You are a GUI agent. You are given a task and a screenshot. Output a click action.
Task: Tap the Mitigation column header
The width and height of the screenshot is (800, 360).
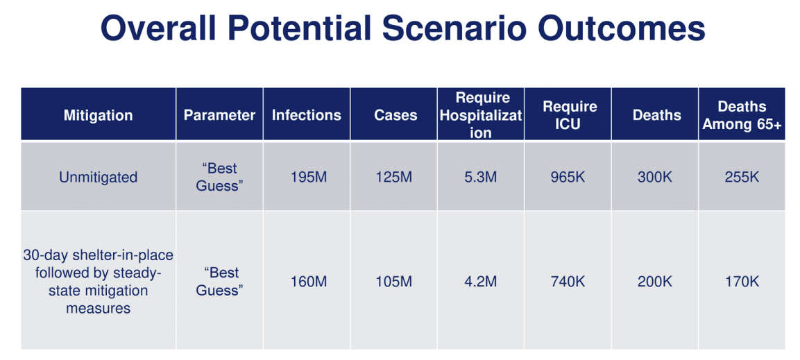click(x=98, y=115)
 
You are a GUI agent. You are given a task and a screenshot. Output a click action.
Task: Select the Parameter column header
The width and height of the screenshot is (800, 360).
click(x=219, y=115)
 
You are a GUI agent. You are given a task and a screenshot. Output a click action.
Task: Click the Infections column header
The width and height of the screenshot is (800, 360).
click(x=306, y=115)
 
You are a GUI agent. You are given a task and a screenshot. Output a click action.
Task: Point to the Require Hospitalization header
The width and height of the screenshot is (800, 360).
click(x=480, y=115)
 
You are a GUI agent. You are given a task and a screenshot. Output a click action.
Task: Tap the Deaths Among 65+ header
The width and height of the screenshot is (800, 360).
click(x=741, y=115)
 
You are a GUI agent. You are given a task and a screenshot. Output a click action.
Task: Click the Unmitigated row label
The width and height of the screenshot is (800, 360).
click(x=98, y=177)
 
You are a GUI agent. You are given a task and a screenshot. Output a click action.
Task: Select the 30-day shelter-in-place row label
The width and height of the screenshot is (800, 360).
click(x=98, y=281)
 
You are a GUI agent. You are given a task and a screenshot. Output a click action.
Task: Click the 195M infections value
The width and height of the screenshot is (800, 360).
click(x=306, y=177)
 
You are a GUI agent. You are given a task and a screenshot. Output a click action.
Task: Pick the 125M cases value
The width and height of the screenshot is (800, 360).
click(x=393, y=177)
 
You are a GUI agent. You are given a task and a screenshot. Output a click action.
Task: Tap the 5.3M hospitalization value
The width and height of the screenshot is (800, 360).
click(x=480, y=177)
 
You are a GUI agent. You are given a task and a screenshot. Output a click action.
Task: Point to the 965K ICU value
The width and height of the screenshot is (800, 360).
click(x=567, y=177)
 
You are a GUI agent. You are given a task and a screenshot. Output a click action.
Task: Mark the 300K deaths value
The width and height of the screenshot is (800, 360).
click(x=654, y=177)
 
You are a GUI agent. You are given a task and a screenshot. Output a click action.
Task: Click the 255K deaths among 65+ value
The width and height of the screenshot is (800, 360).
click(x=741, y=177)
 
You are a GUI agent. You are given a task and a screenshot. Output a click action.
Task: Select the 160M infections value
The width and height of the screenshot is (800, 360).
click(x=306, y=282)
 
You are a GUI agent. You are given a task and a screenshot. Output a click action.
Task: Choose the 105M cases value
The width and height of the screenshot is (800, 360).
click(x=393, y=282)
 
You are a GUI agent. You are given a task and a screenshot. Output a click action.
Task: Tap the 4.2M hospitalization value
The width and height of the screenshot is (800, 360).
click(x=480, y=282)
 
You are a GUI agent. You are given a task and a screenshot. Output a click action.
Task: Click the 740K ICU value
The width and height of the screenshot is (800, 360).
click(x=567, y=282)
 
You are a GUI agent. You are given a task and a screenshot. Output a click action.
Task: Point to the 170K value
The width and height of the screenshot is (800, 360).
click(x=741, y=282)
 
